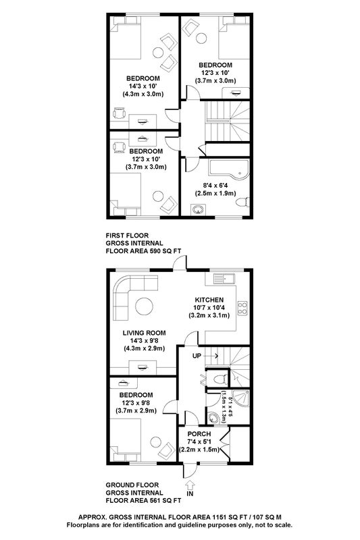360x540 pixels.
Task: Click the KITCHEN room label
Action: [209, 300]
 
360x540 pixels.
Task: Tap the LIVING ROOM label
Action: [145, 333]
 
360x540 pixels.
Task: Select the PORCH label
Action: [199, 434]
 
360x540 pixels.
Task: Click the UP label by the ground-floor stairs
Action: [197, 356]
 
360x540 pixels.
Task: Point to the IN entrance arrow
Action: [190, 485]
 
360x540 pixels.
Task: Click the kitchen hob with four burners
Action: [242, 308]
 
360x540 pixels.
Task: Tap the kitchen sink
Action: [224, 278]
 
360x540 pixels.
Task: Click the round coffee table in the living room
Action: [144, 306]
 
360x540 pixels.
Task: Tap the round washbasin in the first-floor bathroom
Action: [198, 210]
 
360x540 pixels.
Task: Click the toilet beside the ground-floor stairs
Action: [221, 379]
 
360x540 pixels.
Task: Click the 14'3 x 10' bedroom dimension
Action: [143, 86]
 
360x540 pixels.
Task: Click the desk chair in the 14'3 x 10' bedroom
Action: [119, 113]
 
